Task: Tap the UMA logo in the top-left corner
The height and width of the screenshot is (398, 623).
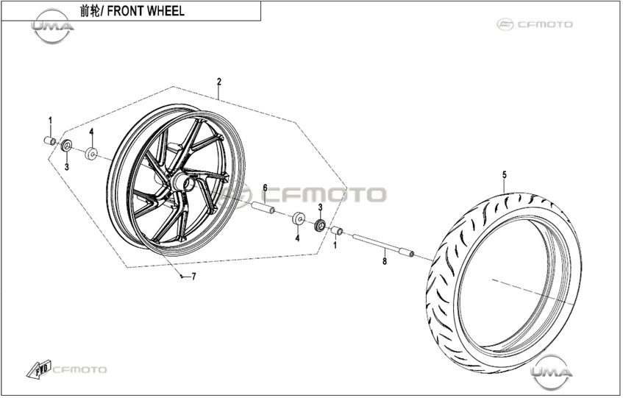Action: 52,26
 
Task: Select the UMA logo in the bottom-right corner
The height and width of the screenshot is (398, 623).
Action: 552,372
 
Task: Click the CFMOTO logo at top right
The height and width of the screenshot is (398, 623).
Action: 535,24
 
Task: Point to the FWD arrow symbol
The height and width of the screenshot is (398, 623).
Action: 38,369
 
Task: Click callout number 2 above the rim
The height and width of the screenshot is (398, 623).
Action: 219,82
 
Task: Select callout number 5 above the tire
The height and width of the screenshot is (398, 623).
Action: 505,175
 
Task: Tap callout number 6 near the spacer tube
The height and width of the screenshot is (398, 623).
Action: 265,188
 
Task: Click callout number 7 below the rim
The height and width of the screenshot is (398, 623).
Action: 194,277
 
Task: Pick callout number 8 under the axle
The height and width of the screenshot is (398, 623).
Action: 384,261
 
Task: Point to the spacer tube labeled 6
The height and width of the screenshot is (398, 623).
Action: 263,207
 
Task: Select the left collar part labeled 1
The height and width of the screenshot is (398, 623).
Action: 50,141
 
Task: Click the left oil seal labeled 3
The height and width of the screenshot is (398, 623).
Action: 66,146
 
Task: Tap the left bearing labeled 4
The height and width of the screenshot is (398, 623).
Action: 91,153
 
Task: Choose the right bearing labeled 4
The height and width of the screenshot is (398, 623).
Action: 299,218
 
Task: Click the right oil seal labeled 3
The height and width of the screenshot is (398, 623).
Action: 320,225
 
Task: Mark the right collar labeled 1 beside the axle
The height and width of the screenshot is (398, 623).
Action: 337,231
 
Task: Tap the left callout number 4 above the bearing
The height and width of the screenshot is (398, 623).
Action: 91,132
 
